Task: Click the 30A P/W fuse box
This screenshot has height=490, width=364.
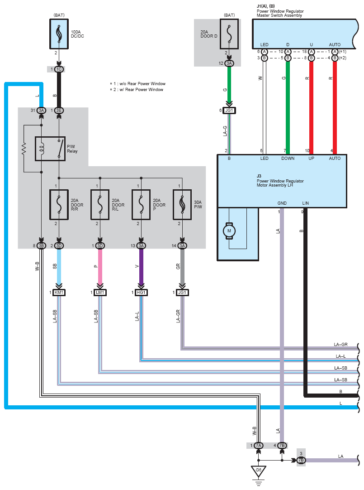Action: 183,204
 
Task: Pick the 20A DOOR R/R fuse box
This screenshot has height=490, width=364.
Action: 58,204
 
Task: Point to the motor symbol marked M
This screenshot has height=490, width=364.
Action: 229,231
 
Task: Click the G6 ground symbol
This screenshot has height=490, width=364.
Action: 258,472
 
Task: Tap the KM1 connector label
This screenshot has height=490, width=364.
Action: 59,293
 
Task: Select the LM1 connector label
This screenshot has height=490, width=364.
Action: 100,293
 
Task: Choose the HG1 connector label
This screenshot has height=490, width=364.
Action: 141,293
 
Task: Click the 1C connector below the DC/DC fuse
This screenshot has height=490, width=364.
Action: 59,69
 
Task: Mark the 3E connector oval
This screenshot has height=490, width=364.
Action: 59,110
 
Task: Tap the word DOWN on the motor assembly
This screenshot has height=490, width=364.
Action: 288,159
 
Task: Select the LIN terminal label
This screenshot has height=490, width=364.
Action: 305,203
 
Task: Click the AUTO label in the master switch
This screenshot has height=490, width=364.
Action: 335,44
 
